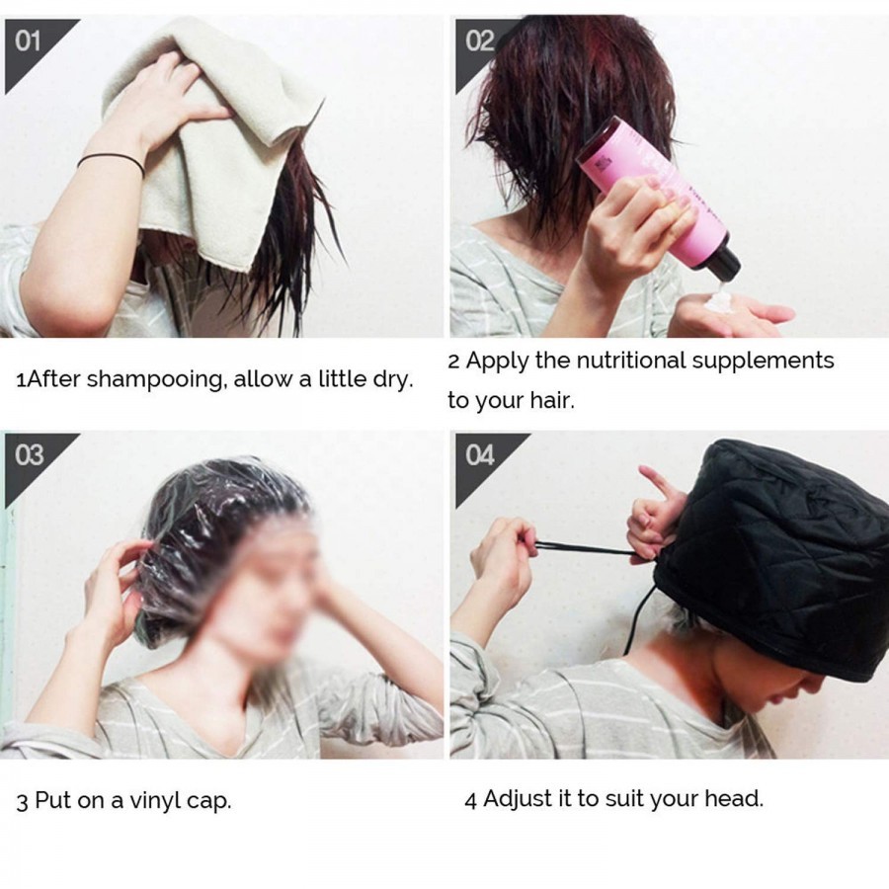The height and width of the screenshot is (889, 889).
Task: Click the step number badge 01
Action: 31,41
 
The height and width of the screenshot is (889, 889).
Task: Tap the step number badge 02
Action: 480,41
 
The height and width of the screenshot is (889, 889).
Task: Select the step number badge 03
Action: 31,455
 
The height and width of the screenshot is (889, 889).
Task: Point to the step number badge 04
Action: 480,455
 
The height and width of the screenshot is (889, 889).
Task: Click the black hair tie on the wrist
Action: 111,160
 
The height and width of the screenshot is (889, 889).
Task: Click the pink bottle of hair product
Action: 642,188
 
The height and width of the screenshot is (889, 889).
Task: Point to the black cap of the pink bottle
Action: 723,263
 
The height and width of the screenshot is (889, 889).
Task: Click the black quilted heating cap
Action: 780,553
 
